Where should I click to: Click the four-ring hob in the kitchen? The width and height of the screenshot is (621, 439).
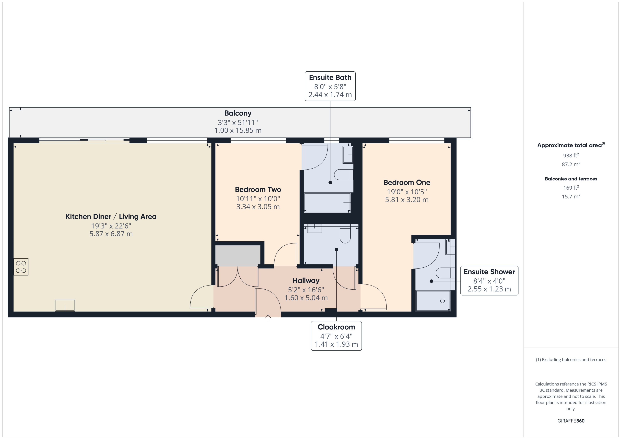point(21,267)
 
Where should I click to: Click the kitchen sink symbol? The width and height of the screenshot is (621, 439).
point(65,305)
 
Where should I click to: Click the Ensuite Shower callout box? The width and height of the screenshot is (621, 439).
point(489,280)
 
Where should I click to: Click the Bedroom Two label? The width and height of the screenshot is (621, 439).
point(258,189)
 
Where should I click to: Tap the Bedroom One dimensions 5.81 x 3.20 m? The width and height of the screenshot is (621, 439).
point(406,200)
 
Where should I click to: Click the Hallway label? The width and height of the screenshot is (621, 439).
point(306,281)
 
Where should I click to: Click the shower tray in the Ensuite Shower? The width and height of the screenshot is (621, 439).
point(433,301)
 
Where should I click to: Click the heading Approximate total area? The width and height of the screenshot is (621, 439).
point(569,145)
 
